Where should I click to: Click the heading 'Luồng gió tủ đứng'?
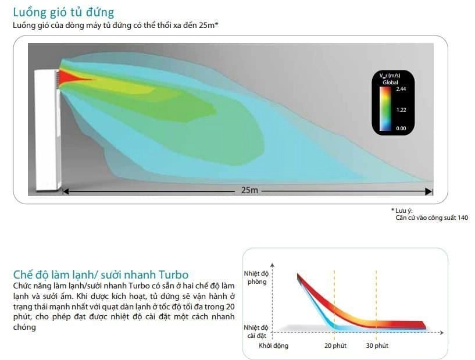point(63,12)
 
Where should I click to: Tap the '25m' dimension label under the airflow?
point(249,190)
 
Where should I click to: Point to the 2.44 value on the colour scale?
point(401,89)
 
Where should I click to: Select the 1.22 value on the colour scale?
point(401,110)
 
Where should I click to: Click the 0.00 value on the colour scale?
point(401,129)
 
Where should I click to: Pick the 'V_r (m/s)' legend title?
point(390,76)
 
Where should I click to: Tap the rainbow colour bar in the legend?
point(385,109)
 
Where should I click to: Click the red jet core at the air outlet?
point(71,77)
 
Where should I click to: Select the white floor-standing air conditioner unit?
point(48,130)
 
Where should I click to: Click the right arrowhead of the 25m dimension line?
point(429,191)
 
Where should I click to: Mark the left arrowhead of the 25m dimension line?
point(66,191)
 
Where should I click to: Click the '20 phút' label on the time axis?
point(335,345)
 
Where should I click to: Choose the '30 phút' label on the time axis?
point(377,345)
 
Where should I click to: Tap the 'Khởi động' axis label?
point(274,346)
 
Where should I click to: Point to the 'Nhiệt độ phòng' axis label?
point(256,277)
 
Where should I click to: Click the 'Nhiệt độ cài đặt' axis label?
point(256,332)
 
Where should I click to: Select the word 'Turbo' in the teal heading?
point(174,275)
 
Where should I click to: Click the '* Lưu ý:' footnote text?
point(402,211)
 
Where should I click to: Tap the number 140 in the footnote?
point(463,218)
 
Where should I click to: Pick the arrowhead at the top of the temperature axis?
point(272,265)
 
